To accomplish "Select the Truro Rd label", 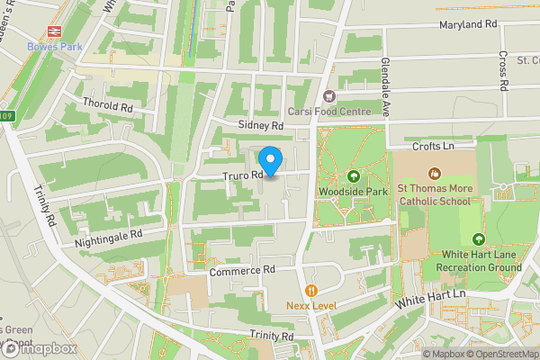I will coord(242,175).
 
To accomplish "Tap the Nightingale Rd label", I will coord(109,234).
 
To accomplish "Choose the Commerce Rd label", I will coord(240,270).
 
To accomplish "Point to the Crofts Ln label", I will coord(431,145).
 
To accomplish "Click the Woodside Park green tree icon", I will coord(353,176).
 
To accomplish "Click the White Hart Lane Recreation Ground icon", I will coord(478,239).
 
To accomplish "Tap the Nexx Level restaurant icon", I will coord(311,290).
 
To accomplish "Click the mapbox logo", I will coord(39,348).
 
